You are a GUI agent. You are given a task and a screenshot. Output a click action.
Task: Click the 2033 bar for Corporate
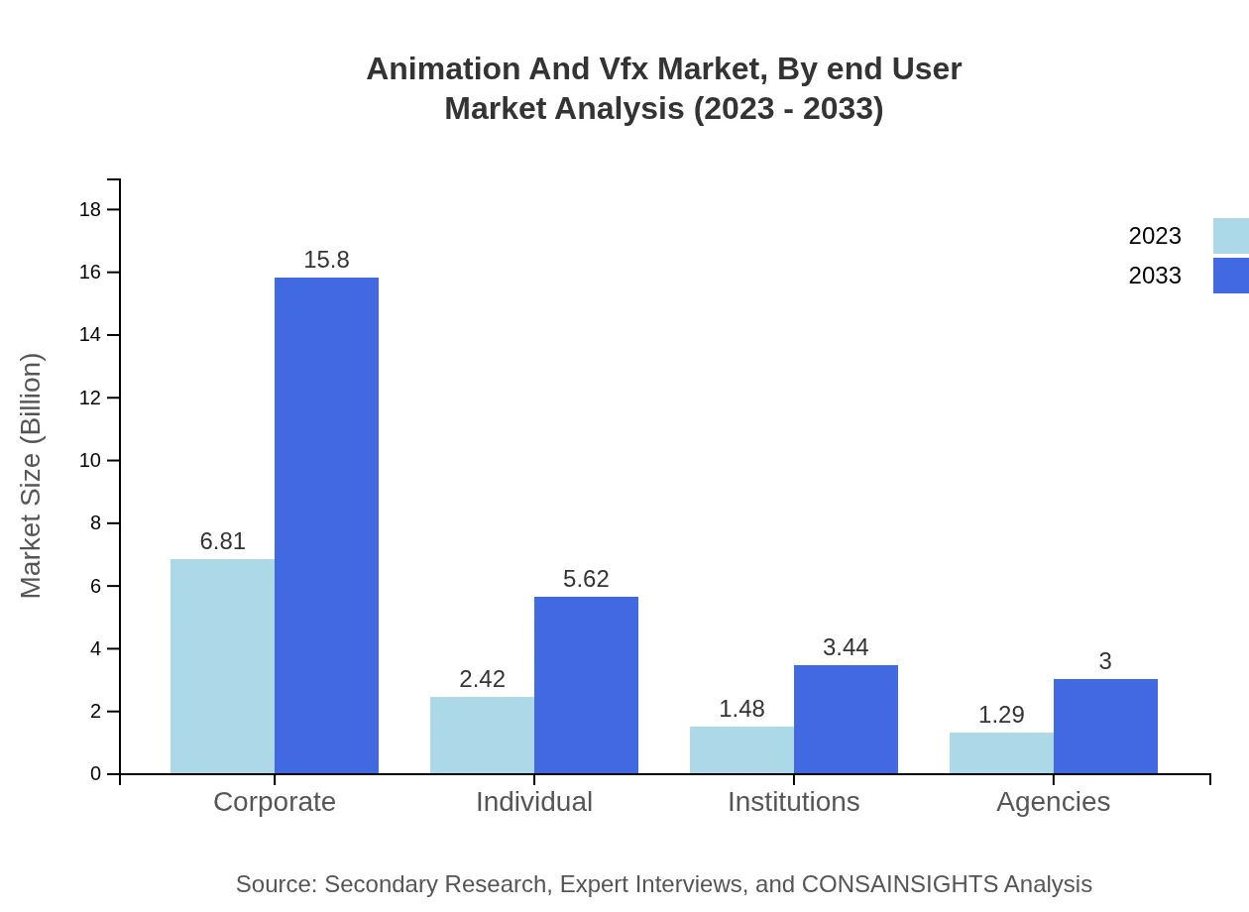(326, 525)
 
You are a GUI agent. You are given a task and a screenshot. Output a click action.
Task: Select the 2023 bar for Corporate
(222, 666)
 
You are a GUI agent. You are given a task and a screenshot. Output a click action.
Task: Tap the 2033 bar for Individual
(586, 685)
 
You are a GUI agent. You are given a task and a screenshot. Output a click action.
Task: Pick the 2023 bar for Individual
(482, 736)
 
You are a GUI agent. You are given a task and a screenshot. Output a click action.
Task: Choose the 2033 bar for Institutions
(846, 720)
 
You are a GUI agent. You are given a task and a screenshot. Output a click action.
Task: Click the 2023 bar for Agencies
(1001, 753)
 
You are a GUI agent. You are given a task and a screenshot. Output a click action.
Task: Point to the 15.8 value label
(326, 260)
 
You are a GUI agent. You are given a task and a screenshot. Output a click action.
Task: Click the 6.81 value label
(222, 541)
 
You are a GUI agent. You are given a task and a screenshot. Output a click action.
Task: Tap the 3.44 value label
(846, 647)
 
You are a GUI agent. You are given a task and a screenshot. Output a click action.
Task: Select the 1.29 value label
(1001, 715)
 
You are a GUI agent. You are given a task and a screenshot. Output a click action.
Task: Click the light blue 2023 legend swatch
(1231, 236)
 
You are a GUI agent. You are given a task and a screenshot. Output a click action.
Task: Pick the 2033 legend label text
(1155, 276)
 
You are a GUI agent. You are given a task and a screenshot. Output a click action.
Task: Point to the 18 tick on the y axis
(90, 209)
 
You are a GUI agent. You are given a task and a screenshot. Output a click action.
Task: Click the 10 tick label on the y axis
(90, 461)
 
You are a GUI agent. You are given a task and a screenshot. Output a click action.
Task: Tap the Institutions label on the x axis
(794, 801)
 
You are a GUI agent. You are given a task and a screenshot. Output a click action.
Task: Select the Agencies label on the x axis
(1053, 801)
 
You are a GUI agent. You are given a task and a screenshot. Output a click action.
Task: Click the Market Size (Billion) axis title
(32, 476)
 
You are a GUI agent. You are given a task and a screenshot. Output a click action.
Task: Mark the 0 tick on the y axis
(96, 774)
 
